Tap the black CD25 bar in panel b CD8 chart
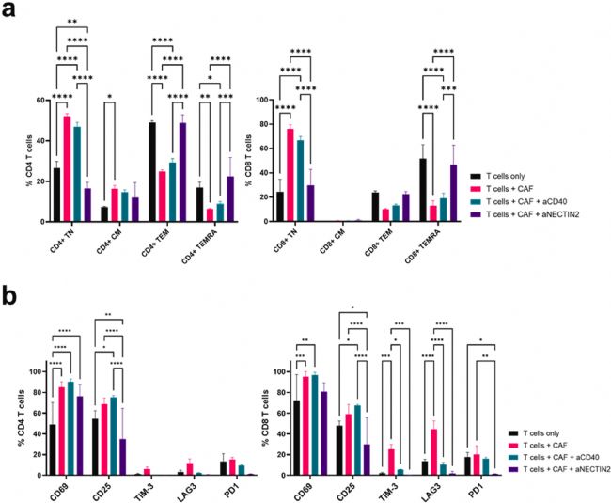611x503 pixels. point(339,450)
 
